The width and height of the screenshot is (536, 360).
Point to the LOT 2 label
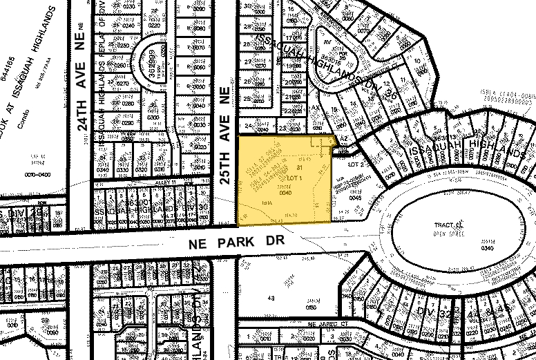coord(354,164)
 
